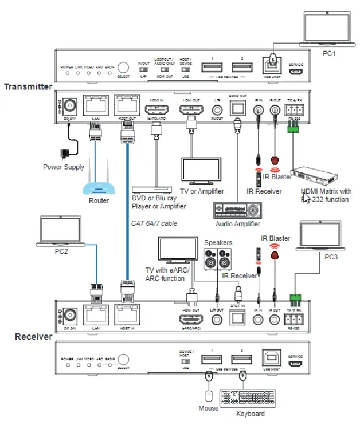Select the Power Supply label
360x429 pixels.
pos(64,167)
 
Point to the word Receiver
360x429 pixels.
pos(34,337)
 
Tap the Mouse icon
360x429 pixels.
pos(208,396)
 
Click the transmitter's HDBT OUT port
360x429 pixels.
pos(124,107)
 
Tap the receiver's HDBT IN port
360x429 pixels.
pos(124,316)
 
